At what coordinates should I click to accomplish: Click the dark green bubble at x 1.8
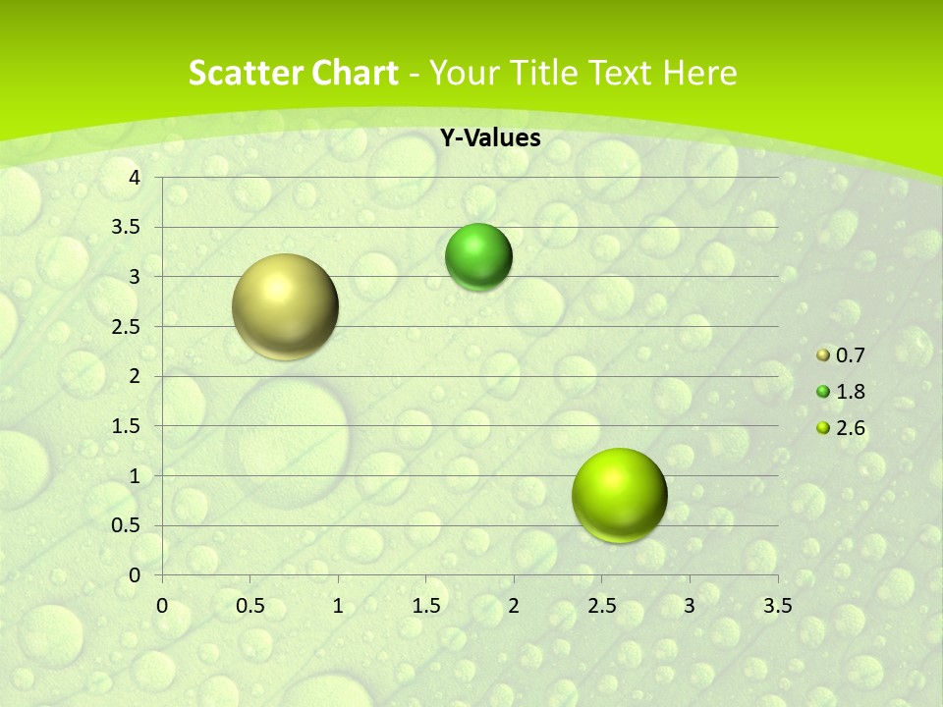[478, 257]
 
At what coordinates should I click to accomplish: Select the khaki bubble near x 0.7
[285, 306]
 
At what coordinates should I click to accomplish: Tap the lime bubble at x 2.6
[619, 495]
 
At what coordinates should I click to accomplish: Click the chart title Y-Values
[489, 138]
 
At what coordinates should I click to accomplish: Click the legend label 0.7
[850, 355]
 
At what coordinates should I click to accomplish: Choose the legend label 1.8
[850, 392]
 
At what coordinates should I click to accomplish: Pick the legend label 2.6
[850, 428]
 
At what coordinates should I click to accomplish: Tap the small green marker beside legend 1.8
[823, 393]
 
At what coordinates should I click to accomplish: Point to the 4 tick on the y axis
[136, 178]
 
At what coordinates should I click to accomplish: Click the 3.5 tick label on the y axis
[128, 228]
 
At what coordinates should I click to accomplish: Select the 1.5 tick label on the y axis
[128, 426]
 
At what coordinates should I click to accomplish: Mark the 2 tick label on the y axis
[136, 376]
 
